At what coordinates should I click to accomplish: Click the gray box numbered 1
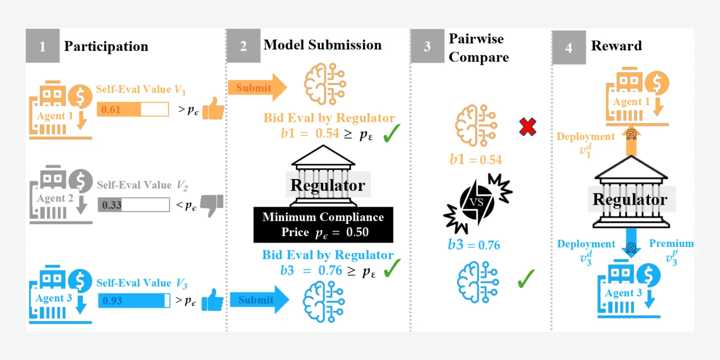tap(42, 46)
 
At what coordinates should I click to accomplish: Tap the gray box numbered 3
tap(427, 46)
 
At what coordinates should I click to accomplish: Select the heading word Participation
tap(106, 46)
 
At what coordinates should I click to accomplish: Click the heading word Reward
tap(616, 46)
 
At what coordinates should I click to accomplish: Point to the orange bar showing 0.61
tap(133, 109)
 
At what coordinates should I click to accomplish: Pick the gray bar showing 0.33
tap(134, 205)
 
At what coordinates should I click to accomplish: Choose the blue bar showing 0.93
tap(134, 300)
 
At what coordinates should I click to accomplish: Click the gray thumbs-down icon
tap(212, 205)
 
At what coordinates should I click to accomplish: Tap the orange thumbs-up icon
tap(213, 109)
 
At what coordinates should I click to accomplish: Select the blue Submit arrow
tap(259, 299)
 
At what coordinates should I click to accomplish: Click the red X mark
tap(528, 127)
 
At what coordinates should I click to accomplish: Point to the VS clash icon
tap(478, 203)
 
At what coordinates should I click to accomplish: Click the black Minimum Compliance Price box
tap(323, 225)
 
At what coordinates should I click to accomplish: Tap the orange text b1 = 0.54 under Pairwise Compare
tap(476, 159)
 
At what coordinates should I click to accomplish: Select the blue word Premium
tap(671, 243)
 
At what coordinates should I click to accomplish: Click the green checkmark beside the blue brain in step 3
tap(526, 278)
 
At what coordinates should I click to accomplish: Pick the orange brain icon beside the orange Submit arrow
tap(325, 84)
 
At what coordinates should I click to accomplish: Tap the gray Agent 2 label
tap(55, 198)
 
